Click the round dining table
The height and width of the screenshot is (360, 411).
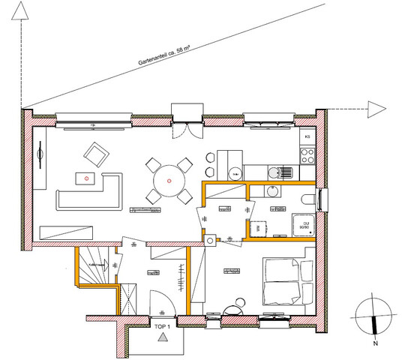[169, 181]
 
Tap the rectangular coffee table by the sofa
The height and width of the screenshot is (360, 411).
[87, 178]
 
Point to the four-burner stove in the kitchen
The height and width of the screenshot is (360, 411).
[306, 157]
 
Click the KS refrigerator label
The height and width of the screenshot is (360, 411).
[307, 136]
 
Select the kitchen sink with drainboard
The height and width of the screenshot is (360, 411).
[281, 171]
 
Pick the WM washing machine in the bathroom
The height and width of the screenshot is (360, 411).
[256, 226]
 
